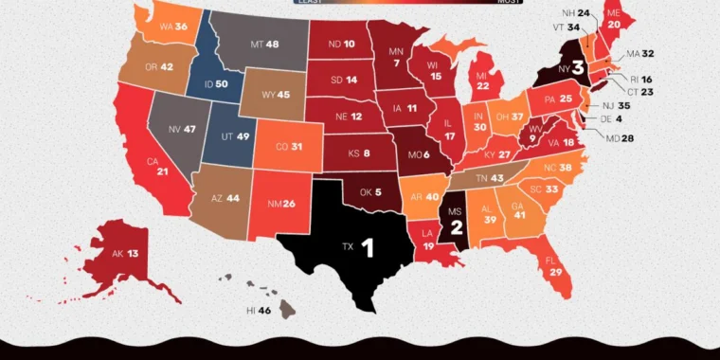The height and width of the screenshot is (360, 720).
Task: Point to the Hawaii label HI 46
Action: click(259, 310)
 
